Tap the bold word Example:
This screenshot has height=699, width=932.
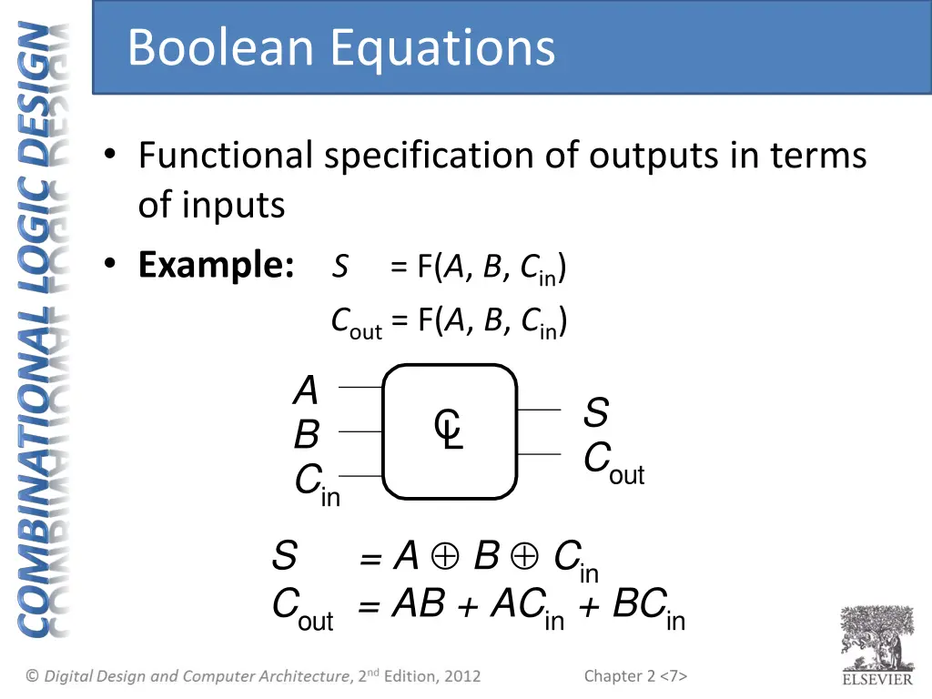point(216,265)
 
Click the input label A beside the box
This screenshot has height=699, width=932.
point(307,391)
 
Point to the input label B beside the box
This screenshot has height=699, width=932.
point(307,435)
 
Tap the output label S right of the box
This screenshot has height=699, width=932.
point(596,413)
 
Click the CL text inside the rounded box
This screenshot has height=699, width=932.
point(450,430)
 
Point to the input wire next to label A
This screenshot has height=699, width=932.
point(360,387)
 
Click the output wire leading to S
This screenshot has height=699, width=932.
point(539,410)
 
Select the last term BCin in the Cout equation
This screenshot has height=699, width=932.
point(648,606)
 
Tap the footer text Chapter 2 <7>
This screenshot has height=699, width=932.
point(635,675)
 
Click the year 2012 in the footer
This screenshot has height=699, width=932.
point(461,676)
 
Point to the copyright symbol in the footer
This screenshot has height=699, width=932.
point(33,676)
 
